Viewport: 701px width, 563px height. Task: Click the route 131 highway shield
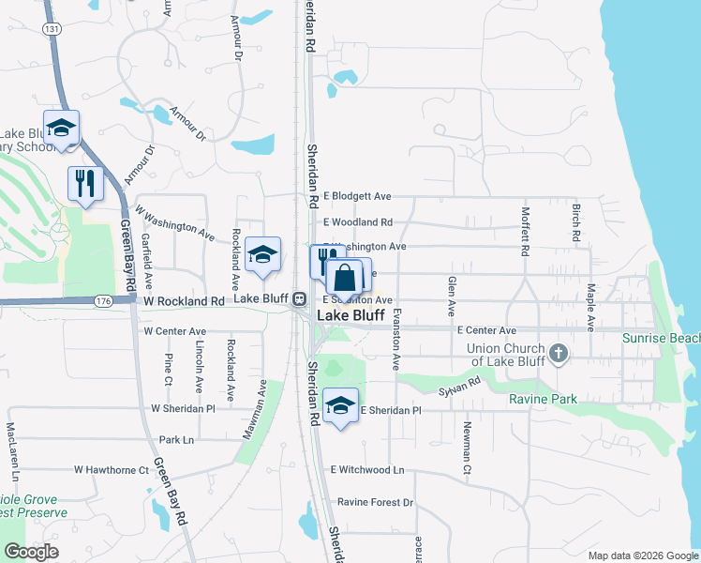[52, 29]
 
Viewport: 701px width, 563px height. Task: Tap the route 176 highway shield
[103, 301]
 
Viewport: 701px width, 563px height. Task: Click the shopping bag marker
[345, 278]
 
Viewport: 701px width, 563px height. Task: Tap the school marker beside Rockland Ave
[263, 254]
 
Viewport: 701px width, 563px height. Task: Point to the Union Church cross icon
[558, 354]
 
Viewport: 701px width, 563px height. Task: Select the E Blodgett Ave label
[357, 197]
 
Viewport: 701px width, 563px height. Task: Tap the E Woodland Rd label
[358, 222]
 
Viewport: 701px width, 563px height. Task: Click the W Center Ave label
[174, 331]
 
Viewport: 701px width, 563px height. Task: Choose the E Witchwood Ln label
[366, 469]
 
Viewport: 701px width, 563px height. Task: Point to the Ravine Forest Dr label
[375, 503]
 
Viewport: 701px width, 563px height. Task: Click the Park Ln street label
[176, 439]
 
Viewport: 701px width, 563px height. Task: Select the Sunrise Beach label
[662, 338]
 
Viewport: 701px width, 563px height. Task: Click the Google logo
[31, 552]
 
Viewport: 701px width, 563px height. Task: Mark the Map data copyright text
[642, 555]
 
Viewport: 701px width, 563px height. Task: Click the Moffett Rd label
[526, 231]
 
